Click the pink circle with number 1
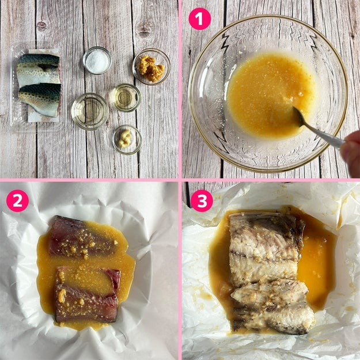(x=199, y=19)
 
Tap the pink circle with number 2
(x=17, y=200)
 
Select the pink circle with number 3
(x=202, y=200)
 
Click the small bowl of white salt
(x=97, y=60)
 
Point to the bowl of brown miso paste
(x=151, y=67)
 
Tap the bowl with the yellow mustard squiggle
(x=127, y=139)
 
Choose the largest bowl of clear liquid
(x=90, y=111)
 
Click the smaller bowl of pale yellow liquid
(x=126, y=97)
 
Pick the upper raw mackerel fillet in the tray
(x=39, y=69)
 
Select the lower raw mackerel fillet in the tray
(x=40, y=99)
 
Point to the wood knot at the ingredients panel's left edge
(x=41, y=26)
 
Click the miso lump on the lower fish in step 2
(x=62, y=295)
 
